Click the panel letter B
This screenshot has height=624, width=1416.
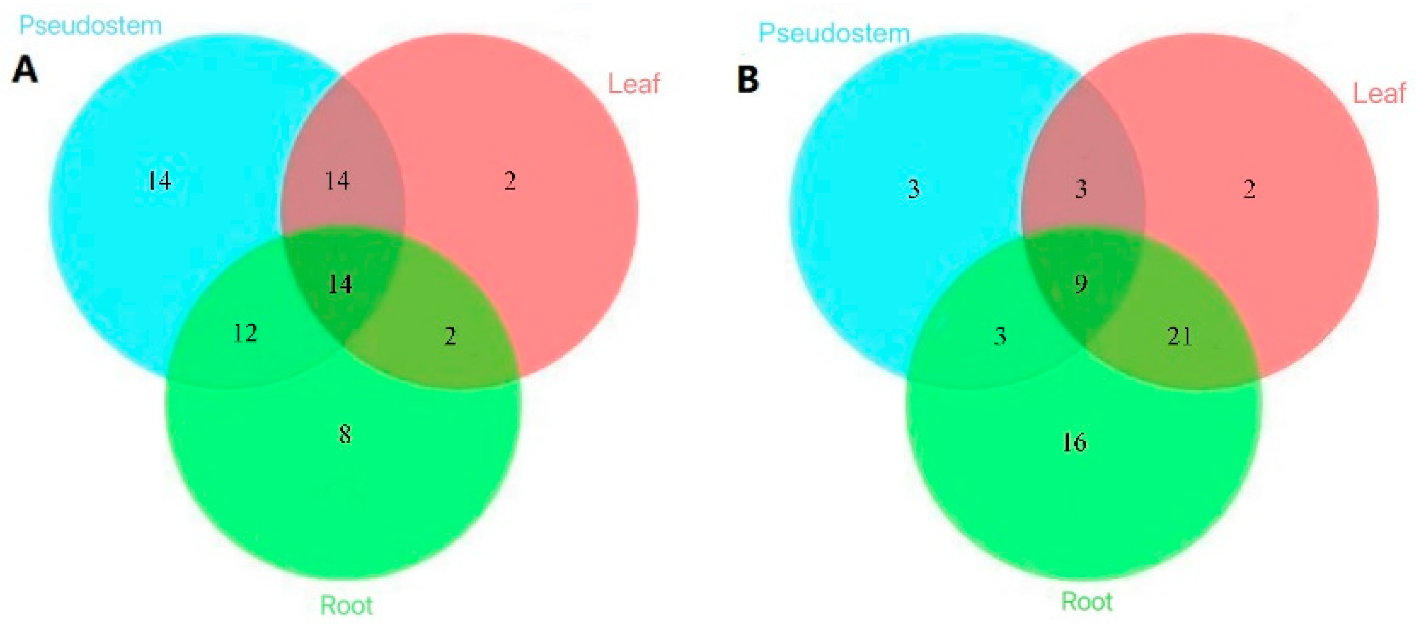click(748, 79)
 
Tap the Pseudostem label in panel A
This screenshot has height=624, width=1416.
click(91, 26)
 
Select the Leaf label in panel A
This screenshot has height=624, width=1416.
click(633, 84)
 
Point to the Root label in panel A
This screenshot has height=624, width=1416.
click(346, 605)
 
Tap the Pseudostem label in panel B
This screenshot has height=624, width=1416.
click(834, 33)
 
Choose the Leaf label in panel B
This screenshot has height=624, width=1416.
click(1378, 93)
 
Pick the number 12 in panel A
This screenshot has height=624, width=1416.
click(245, 333)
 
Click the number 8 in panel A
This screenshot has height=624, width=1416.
click(345, 435)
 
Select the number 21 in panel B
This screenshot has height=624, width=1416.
click(1180, 336)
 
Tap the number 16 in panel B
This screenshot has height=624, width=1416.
click(1074, 442)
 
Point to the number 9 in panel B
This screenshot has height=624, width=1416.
click(1081, 284)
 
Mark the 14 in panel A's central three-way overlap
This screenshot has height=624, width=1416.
click(340, 285)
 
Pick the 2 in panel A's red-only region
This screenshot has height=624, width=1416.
click(510, 181)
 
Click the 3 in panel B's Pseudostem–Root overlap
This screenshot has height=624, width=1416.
click(1000, 335)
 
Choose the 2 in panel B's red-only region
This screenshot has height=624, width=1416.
click(1249, 189)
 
